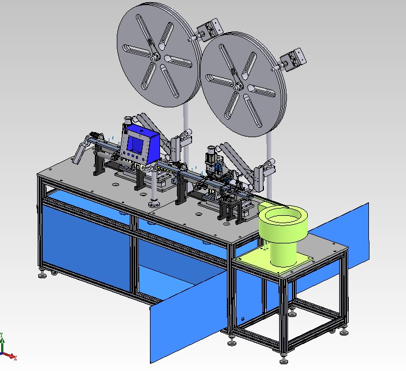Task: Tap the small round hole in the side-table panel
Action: (243, 320)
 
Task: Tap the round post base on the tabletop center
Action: (152, 202)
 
